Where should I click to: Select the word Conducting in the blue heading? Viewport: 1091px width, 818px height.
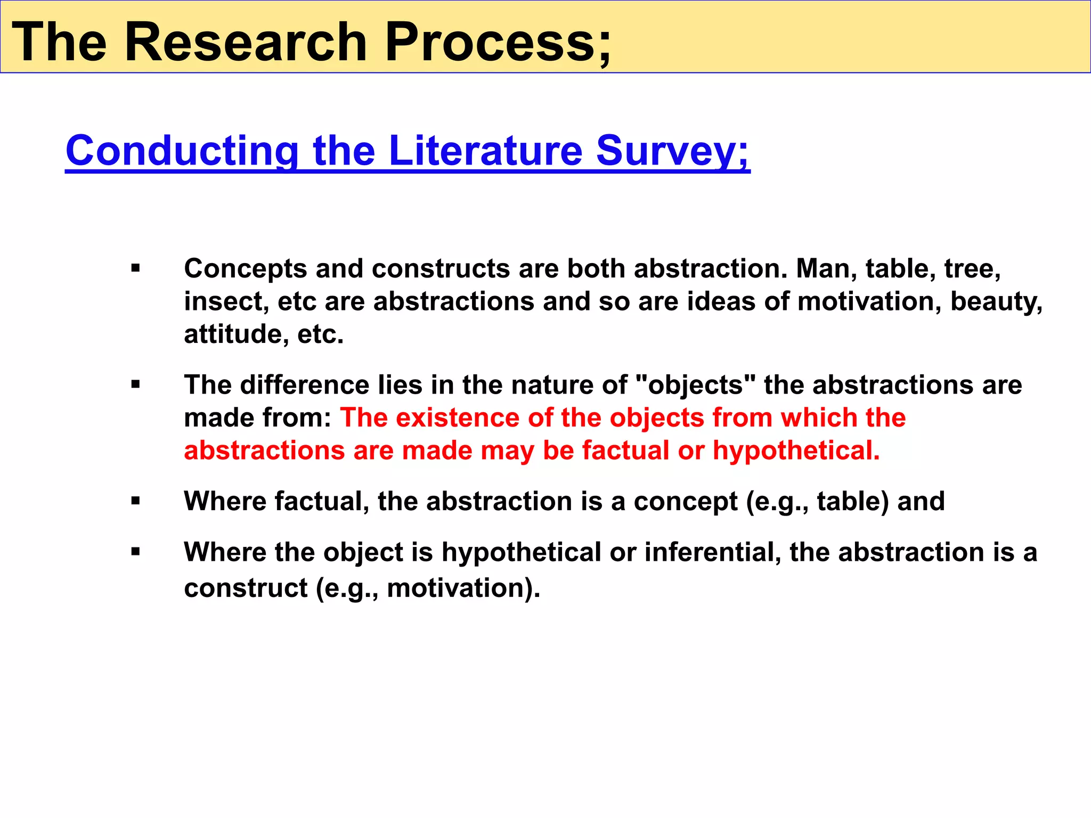182,151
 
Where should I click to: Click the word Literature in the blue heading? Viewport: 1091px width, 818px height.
485,151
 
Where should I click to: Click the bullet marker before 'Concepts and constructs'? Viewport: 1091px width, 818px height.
135,268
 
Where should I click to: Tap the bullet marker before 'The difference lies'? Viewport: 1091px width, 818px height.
135,385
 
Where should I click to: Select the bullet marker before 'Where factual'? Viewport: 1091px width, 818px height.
135,501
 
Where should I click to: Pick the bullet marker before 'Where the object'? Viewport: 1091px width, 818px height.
135,552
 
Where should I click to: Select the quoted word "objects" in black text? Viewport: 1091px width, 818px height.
696,385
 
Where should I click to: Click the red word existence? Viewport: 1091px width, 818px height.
458,418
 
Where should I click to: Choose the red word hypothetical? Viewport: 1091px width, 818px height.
796,451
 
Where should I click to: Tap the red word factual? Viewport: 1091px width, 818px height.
625,451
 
